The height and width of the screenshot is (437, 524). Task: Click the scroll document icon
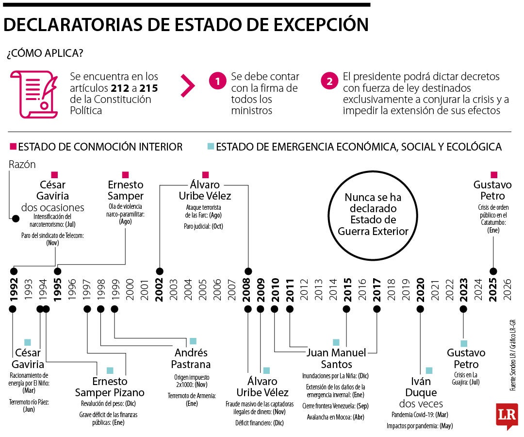point(34,94)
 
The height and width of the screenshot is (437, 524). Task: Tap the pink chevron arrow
point(188,85)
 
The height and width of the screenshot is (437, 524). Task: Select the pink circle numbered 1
point(217,81)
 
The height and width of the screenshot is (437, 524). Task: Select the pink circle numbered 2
point(329,81)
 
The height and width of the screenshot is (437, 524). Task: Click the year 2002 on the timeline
point(159,289)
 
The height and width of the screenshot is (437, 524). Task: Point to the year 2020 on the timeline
point(420,289)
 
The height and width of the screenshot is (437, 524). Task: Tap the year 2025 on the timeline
point(493,289)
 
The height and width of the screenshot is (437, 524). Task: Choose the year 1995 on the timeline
point(57,289)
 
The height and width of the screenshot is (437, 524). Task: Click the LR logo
point(507,416)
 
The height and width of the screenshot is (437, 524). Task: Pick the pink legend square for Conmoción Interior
point(14,147)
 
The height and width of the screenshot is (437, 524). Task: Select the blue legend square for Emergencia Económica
point(211,147)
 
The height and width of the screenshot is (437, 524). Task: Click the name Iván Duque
point(421,387)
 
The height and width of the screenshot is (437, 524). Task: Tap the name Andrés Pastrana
point(191,358)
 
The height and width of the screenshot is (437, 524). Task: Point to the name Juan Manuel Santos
point(336,358)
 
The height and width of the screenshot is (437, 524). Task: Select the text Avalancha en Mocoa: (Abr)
point(336,417)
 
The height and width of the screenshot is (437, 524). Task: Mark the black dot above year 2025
point(493,271)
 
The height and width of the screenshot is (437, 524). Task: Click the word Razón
point(22,165)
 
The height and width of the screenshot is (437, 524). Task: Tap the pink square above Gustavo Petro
point(494,175)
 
